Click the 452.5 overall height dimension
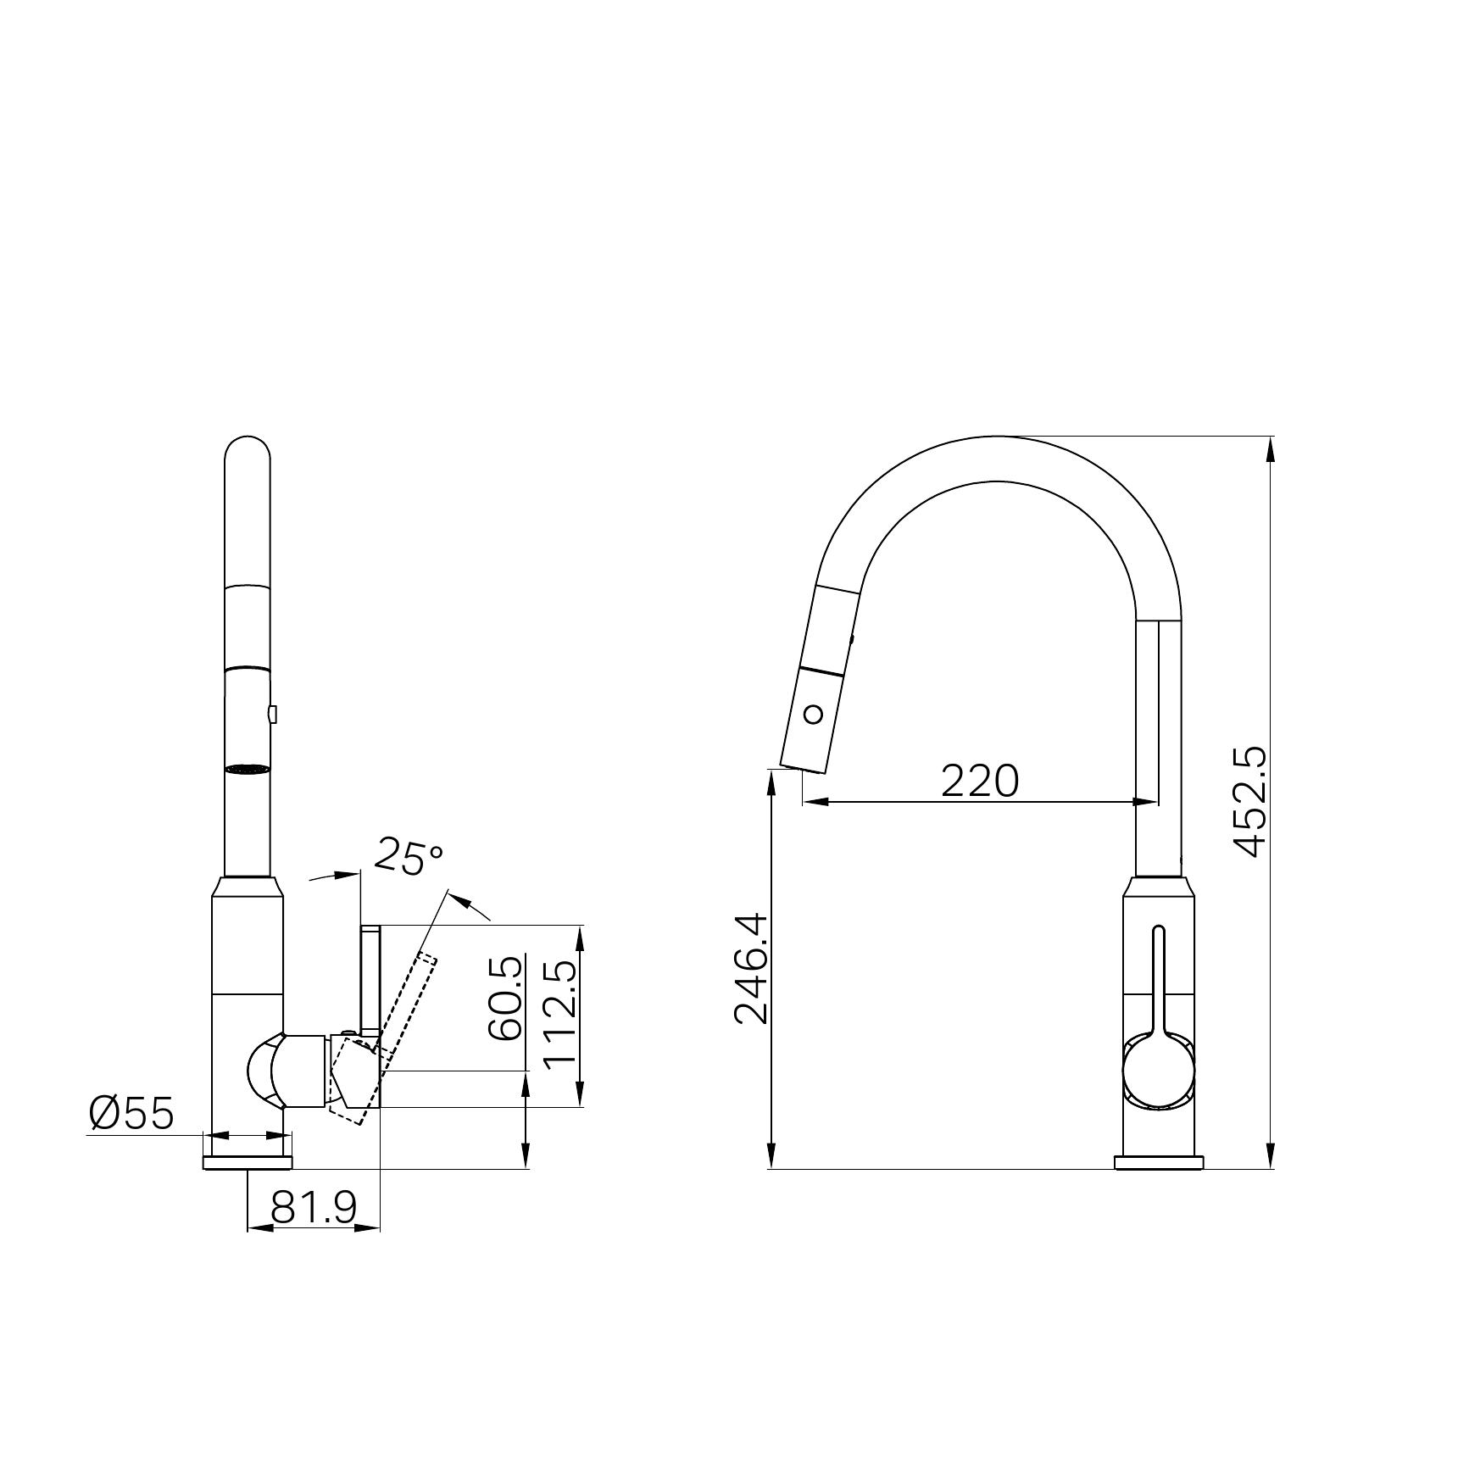click(x=1251, y=802)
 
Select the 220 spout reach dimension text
click(x=979, y=781)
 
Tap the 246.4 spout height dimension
click(x=751, y=969)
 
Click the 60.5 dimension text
click(x=506, y=998)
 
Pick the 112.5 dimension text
click(x=559, y=1014)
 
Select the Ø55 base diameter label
click(x=131, y=1113)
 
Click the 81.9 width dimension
click(x=314, y=1208)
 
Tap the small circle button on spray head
click(x=813, y=714)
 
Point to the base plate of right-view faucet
click(x=1158, y=1162)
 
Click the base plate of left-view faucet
click(x=248, y=1162)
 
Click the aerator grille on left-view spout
click(x=248, y=769)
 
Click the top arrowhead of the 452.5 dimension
click(x=1270, y=448)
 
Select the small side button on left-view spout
click(x=272, y=715)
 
